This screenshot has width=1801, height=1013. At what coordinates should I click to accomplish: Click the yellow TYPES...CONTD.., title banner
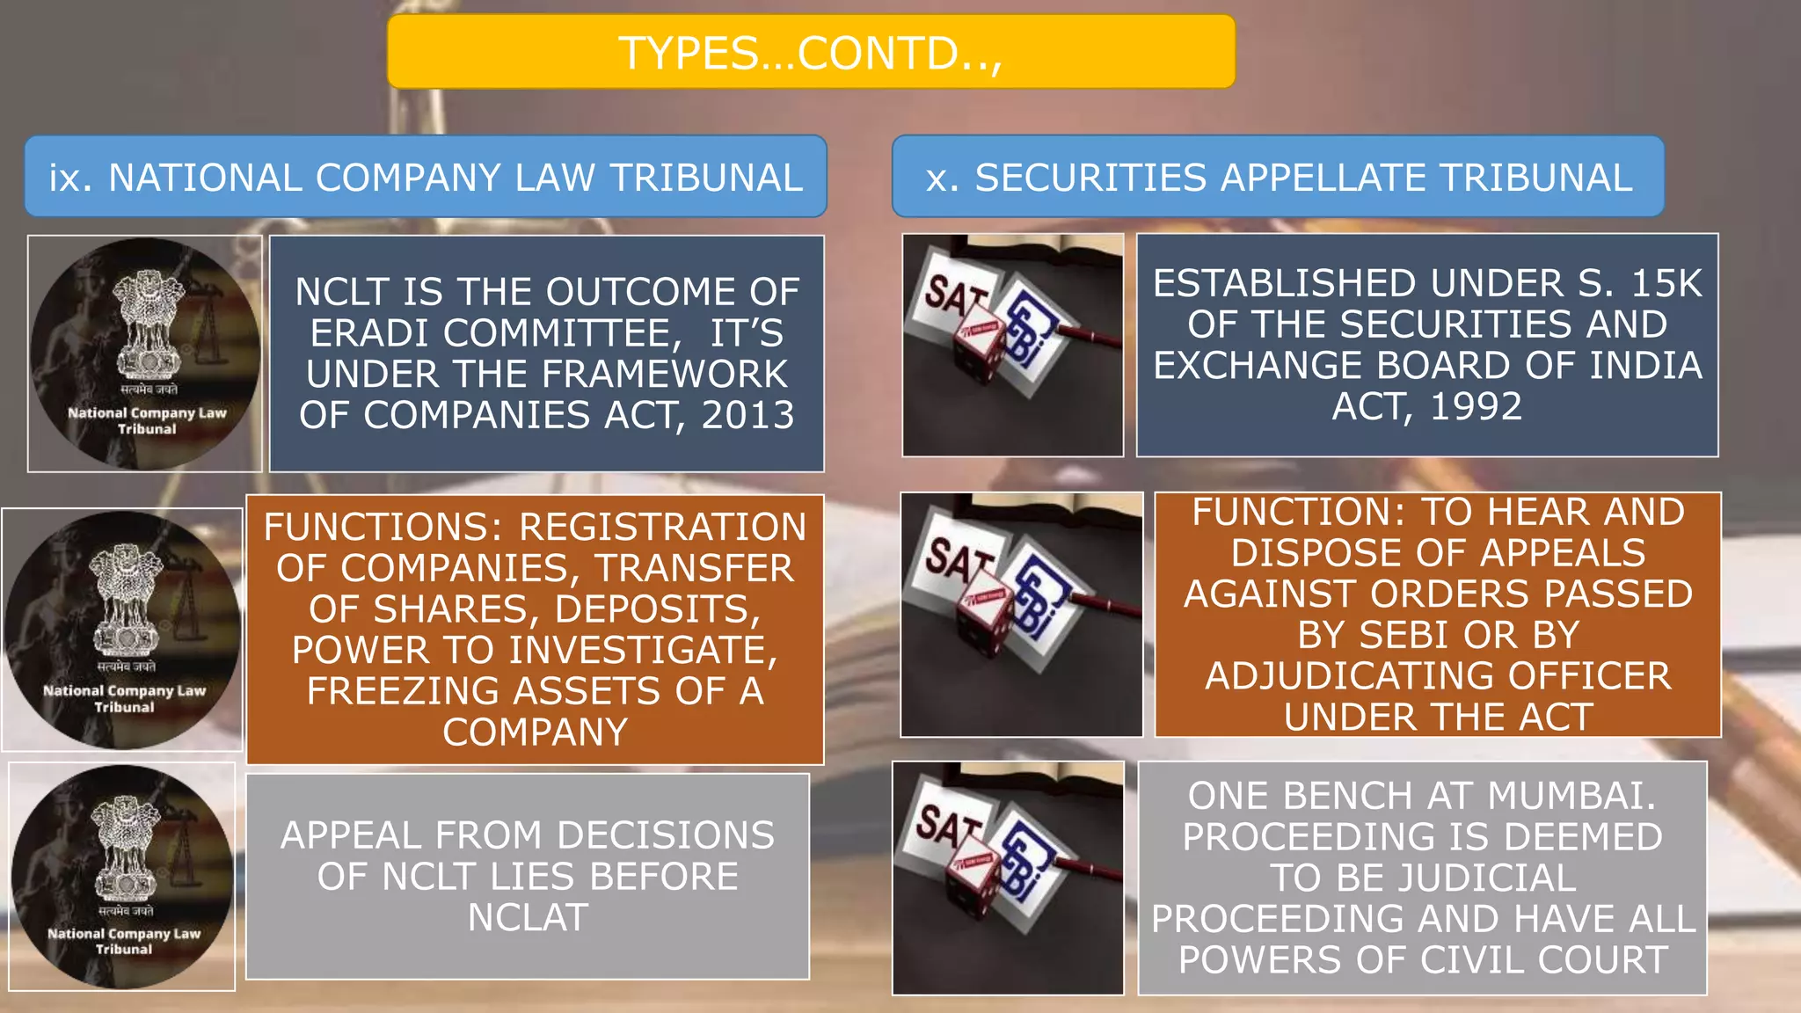(x=811, y=52)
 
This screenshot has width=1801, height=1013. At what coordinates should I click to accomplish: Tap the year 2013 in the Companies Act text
(x=747, y=415)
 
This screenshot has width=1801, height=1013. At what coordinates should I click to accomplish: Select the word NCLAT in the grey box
(x=528, y=917)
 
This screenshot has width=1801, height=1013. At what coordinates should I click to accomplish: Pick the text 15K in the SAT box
(x=1666, y=283)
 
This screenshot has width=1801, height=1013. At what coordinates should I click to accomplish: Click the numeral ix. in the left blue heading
(x=69, y=179)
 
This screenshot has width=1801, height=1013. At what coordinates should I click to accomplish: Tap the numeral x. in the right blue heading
(x=943, y=179)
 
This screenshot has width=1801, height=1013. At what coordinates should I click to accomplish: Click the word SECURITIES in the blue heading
(x=1090, y=179)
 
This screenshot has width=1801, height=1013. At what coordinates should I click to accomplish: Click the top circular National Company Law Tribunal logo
(x=146, y=353)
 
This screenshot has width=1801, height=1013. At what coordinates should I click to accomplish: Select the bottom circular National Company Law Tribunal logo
(x=123, y=877)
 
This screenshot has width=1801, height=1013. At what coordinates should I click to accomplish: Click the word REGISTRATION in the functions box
(x=662, y=528)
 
